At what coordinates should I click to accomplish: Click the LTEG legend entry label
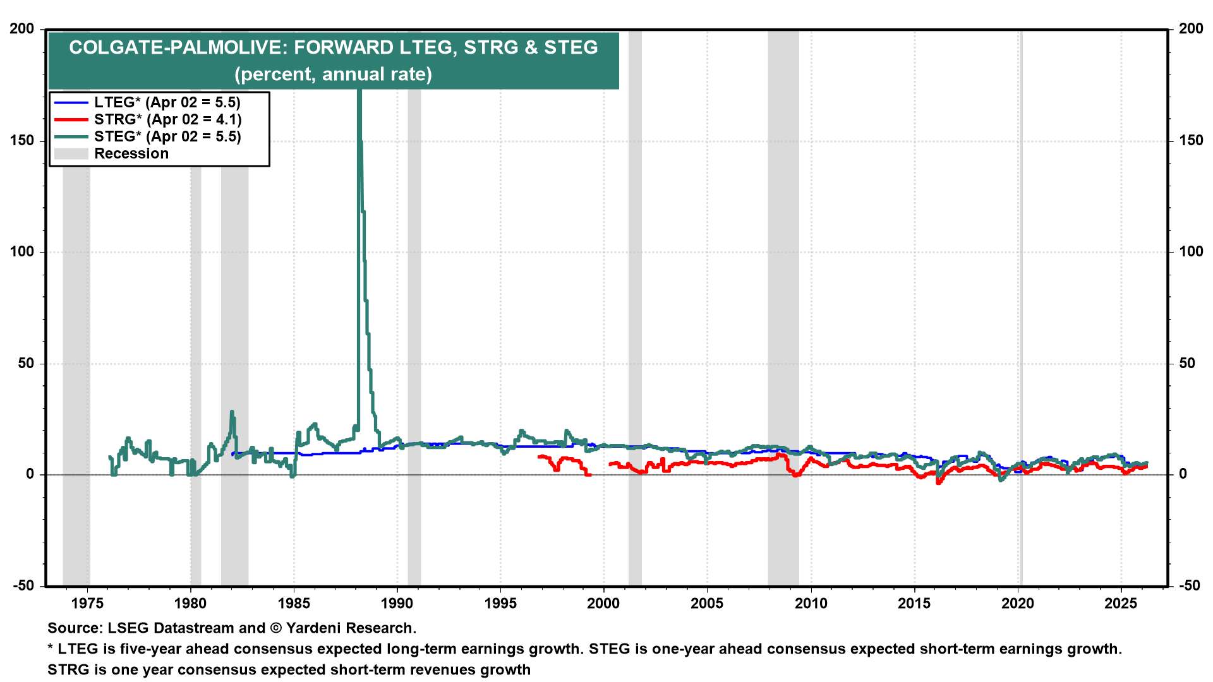[x=167, y=102]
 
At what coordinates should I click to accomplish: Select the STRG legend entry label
[x=167, y=119]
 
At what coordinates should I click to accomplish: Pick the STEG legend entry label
[x=167, y=136]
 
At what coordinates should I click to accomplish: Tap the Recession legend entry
[x=131, y=153]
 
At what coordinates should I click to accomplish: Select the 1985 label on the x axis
[x=294, y=603]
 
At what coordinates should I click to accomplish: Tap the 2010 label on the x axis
[x=811, y=603]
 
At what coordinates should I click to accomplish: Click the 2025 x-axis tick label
[x=1121, y=603]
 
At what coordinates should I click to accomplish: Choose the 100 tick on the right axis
[x=1190, y=251]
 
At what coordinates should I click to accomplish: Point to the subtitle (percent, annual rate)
[x=333, y=74]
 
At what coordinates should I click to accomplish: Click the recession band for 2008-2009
[x=783, y=316]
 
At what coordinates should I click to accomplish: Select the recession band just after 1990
[x=414, y=316]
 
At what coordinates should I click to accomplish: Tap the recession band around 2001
[x=635, y=316]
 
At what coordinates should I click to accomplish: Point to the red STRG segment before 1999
[x=565, y=460]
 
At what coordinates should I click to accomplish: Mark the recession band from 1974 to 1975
[x=76, y=316]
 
